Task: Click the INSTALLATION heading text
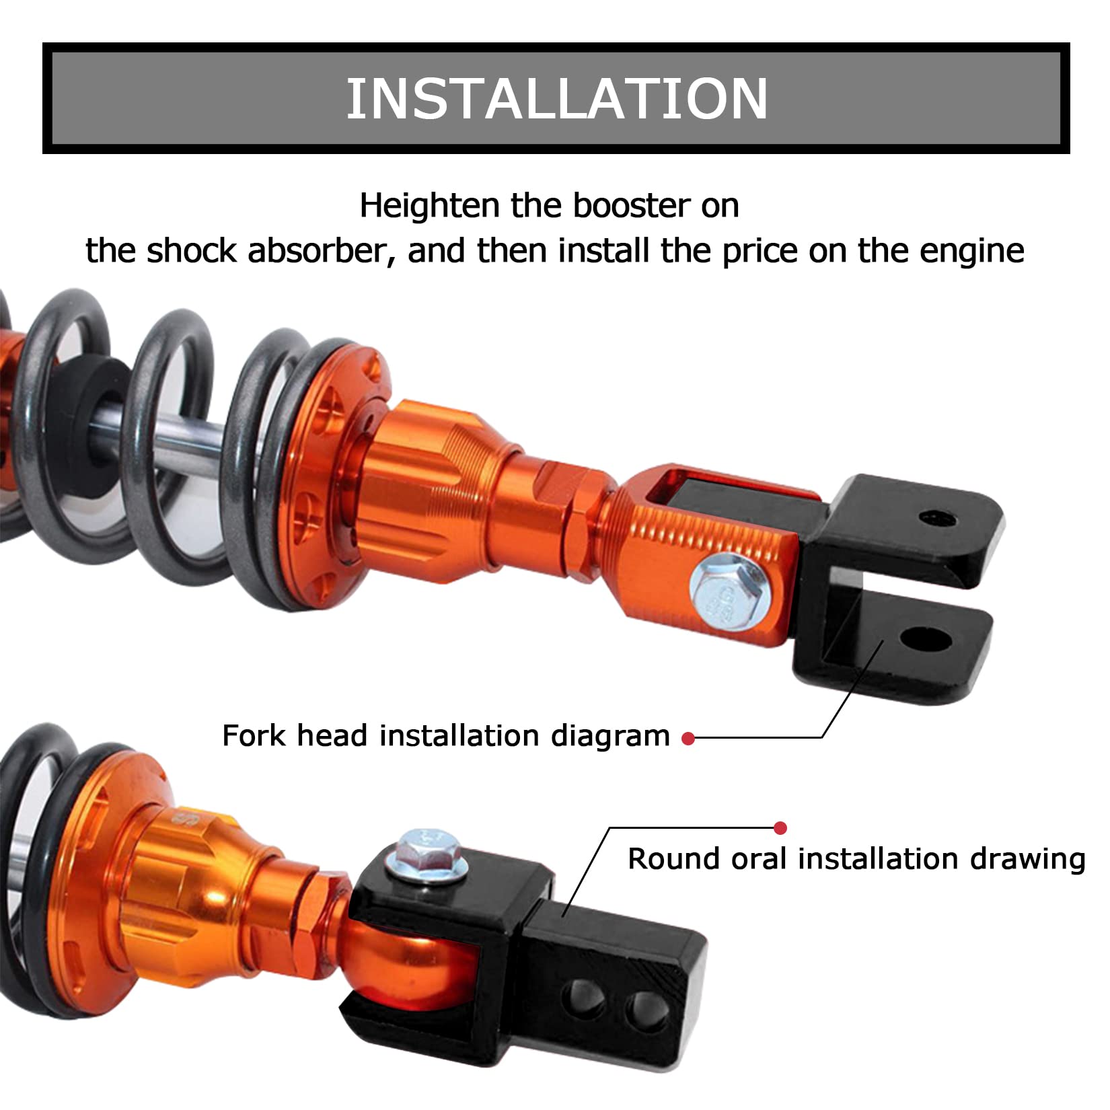point(556,98)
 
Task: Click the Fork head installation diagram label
point(445,736)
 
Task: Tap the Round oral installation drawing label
point(856,859)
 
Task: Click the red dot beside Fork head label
point(688,739)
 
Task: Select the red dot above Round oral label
point(780,828)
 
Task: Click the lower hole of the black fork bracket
point(926,641)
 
